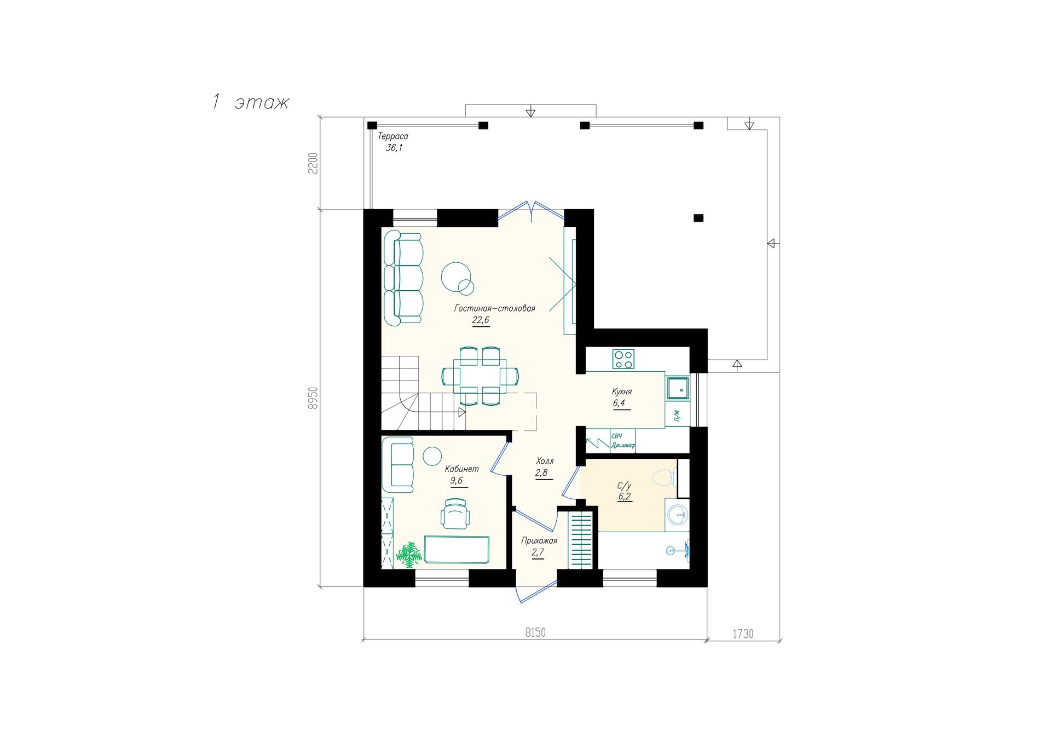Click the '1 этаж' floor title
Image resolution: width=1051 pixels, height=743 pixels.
point(250,102)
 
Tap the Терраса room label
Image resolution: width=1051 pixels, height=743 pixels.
point(393,136)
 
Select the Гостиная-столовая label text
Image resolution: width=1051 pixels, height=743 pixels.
point(494,308)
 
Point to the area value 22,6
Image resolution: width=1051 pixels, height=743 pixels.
point(481,320)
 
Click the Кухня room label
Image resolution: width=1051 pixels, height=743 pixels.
point(622,391)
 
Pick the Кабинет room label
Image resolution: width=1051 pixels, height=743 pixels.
point(461,469)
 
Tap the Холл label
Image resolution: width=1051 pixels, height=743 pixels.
point(545,461)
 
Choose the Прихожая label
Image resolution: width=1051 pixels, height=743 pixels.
point(539,541)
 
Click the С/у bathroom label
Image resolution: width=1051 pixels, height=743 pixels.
point(624,486)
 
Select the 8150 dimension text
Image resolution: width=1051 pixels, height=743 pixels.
point(535,633)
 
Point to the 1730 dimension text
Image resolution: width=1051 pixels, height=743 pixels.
point(743,634)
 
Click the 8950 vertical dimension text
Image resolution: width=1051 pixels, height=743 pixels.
point(313,398)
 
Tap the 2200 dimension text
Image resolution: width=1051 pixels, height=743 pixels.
point(313,163)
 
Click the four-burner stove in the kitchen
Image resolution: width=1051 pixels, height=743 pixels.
point(623,359)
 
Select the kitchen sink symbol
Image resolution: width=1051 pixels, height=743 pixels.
point(678,388)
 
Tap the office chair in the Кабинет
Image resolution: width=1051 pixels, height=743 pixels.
point(455,514)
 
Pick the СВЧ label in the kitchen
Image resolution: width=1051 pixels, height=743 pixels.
point(617,436)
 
